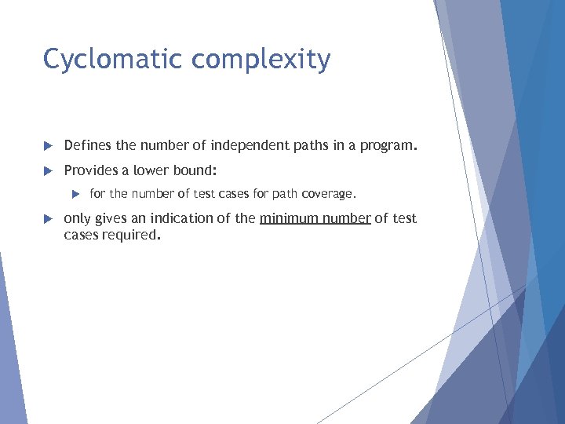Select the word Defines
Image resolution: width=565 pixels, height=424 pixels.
(x=88, y=145)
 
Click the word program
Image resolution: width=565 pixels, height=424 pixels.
(x=390, y=145)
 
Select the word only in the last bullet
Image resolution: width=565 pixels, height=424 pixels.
(x=77, y=218)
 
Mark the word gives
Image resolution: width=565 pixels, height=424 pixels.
(x=111, y=218)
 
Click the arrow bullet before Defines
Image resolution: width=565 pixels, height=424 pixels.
(x=47, y=146)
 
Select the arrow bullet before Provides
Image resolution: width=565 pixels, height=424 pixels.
(x=47, y=170)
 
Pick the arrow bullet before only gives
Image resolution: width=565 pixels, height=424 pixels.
(x=47, y=218)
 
